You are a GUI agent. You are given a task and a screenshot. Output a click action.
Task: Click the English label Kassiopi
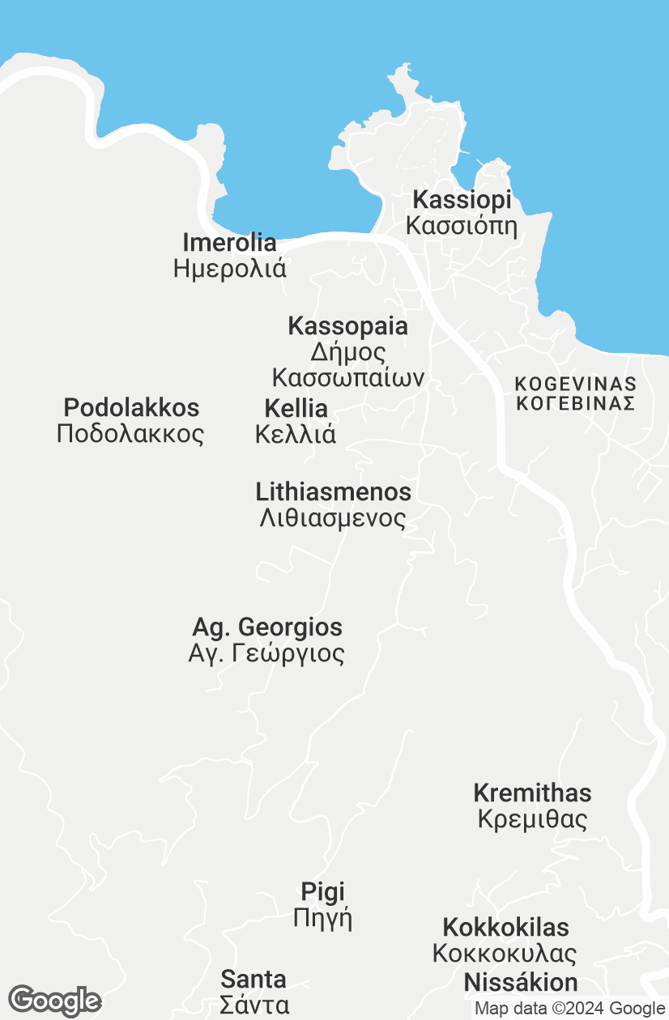(462, 200)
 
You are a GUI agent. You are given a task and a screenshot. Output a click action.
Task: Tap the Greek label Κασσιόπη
(462, 225)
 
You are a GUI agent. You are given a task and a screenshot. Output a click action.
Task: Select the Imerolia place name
(229, 242)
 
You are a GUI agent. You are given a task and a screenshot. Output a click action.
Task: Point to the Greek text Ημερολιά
(229, 268)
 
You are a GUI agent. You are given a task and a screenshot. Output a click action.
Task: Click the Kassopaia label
(347, 326)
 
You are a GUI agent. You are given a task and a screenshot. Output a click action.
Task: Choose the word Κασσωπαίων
(348, 378)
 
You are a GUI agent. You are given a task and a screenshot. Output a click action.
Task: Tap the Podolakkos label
(131, 407)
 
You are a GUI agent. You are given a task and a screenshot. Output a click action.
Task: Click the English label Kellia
(296, 408)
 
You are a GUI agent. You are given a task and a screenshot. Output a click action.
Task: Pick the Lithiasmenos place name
(333, 491)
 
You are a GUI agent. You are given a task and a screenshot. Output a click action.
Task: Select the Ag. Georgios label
(267, 627)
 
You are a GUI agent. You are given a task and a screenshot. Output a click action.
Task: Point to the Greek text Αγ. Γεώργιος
(266, 653)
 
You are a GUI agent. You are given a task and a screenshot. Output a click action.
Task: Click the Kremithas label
(532, 793)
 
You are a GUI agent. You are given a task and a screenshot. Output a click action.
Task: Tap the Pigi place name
(322, 892)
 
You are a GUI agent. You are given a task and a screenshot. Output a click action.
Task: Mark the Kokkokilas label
(505, 927)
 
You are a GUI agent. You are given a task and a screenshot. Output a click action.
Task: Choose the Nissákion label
(521, 983)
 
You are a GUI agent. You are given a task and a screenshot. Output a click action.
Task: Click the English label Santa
(254, 980)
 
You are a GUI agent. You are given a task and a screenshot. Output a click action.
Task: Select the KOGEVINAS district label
(576, 384)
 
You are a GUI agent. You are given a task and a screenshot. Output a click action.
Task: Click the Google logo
(54, 1001)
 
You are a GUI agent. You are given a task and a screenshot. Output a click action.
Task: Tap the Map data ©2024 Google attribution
(569, 1009)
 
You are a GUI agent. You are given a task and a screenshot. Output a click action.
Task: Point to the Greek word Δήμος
(348, 352)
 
